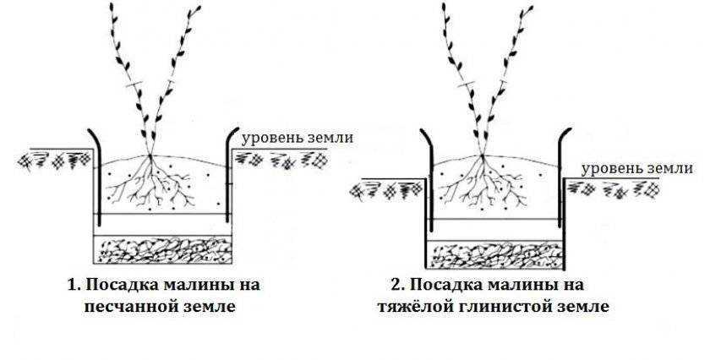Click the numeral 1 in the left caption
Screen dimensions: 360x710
[73, 286]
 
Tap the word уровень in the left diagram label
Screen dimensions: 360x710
[270, 139]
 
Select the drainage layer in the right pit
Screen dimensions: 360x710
[493, 253]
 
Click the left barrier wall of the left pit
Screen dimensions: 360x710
[93, 177]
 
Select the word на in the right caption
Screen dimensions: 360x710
[574, 284]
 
